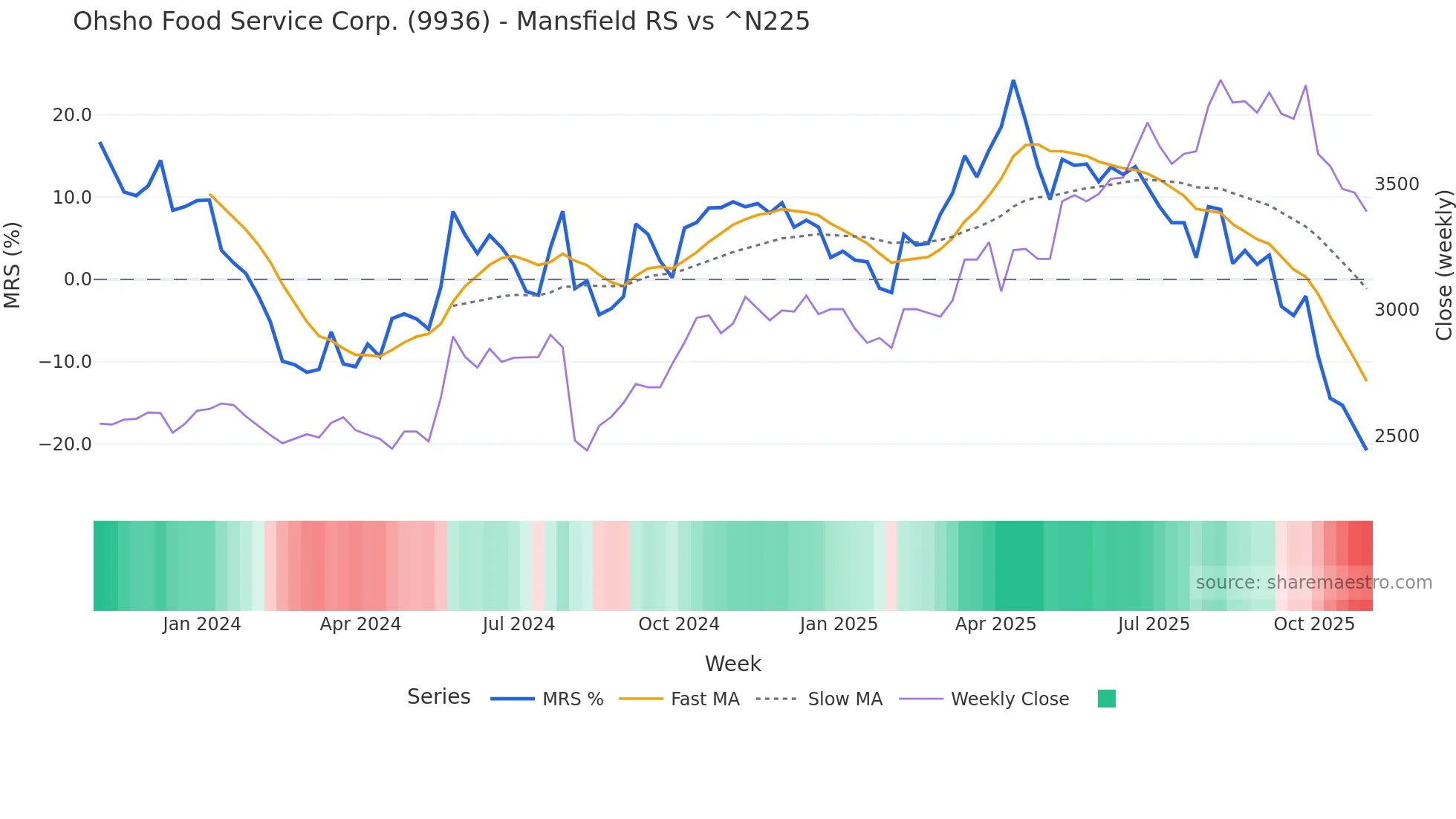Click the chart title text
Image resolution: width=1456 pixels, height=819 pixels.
tap(441, 22)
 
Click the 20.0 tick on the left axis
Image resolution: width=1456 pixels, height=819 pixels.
tap(72, 115)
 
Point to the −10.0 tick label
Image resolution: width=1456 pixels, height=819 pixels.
tap(65, 362)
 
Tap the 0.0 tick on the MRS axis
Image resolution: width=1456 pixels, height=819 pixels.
tap(77, 279)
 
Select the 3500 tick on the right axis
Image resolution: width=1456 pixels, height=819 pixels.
tap(1397, 184)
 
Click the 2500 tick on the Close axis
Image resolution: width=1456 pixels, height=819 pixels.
tap(1397, 436)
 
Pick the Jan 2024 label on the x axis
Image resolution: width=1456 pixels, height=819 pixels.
tap(201, 624)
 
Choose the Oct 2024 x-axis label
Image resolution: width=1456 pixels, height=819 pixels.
tap(679, 624)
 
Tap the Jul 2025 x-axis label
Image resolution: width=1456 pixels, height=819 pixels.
tap(1154, 624)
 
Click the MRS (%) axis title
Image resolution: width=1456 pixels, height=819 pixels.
tap(13, 265)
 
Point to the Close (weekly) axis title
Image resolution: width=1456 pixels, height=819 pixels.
tap(1443, 265)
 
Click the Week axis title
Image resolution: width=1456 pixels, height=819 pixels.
tap(732, 664)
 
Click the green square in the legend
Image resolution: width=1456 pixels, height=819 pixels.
tap(1106, 699)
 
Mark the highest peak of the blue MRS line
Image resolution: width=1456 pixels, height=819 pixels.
tap(1013, 81)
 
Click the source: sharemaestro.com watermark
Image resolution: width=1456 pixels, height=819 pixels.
tap(1313, 583)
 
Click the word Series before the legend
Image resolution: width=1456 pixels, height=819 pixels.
tap(438, 697)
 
